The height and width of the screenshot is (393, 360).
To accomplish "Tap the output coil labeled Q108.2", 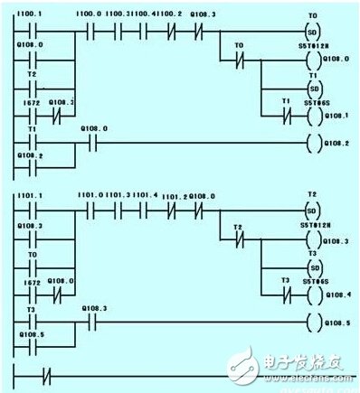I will (314, 143).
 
